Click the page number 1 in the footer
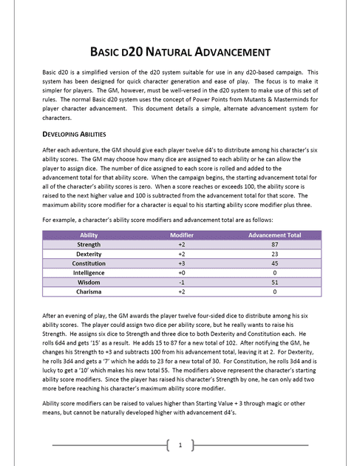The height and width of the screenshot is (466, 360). (180, 445)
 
